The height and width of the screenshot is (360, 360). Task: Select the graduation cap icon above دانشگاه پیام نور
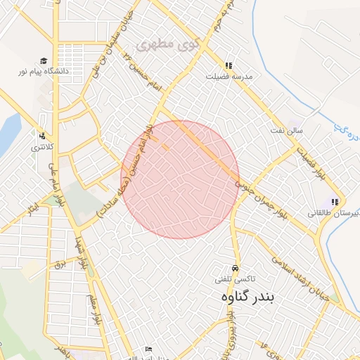click(x=44, y=61)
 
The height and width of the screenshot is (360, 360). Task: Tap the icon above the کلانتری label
click(x=42, y=136)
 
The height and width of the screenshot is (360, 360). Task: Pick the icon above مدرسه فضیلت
click(x=229, y=65)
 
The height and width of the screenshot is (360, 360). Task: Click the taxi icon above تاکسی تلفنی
click(x=236, y=269)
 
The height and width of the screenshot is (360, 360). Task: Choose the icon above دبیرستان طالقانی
click(x=335, y=202)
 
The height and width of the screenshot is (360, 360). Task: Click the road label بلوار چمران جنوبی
click(x=260, y=195)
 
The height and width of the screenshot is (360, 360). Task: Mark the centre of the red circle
click(x=180, y=180)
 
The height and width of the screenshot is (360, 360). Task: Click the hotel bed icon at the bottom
click(x=148, y=349)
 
